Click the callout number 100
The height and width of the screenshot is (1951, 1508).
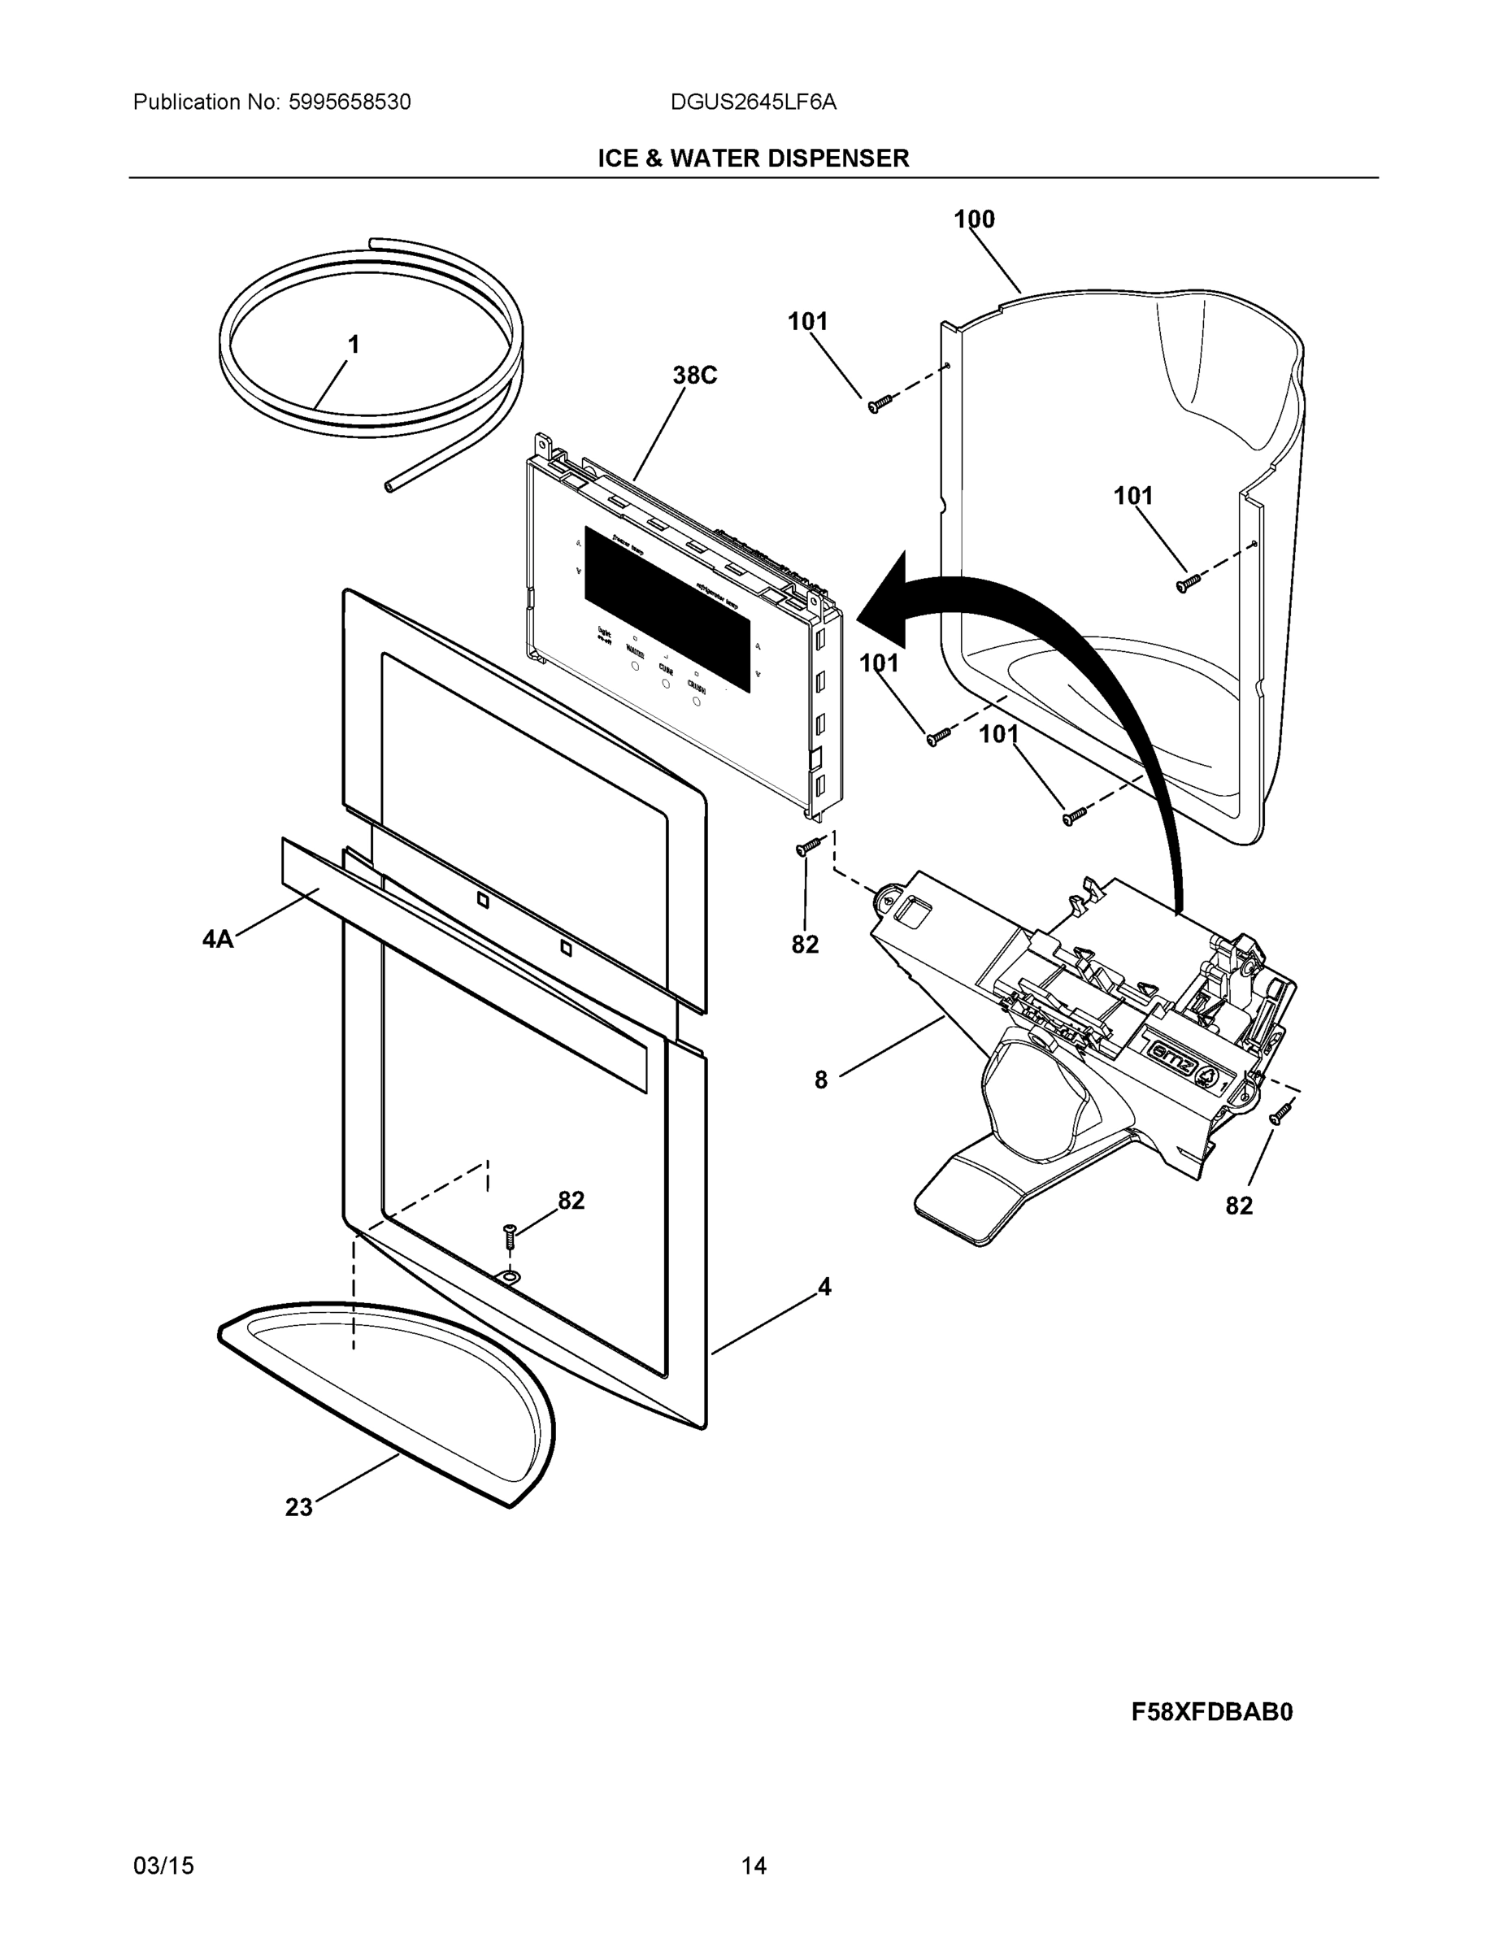click(974, 219)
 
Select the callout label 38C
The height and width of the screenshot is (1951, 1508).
click(694, 376)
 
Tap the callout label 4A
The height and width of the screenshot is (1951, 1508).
click(217, 939)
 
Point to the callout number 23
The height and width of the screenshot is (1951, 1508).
click(298, 1508)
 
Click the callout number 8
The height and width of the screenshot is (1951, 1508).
click(821, 1080)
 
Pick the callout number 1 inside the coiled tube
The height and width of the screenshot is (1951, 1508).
click(354, 344)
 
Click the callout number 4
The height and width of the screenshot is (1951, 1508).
click(824, 1288)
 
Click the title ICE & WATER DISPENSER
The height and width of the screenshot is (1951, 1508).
click(753, 159)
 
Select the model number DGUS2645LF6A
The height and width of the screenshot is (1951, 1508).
click(753, 102)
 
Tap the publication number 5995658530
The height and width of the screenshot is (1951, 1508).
click(350, 102)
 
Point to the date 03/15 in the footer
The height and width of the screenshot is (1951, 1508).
click(163, 1866)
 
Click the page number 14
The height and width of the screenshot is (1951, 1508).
click(753, 1866)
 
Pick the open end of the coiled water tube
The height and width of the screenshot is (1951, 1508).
click(389, 486)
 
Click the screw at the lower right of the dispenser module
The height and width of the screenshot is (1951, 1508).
click(1280, 1113)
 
